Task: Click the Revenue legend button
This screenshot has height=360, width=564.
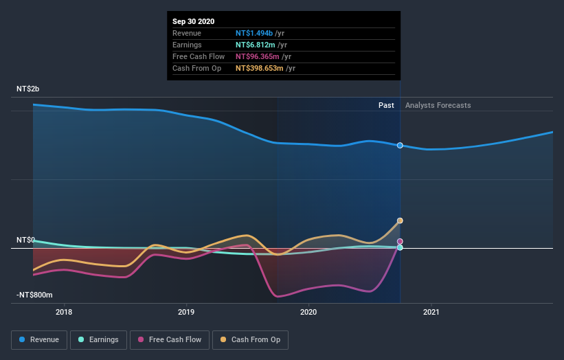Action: [40, 339]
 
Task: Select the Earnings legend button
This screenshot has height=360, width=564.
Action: [98, 339]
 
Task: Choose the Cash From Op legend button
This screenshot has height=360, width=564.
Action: [250, 339]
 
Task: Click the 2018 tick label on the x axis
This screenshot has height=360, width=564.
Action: [64, 312]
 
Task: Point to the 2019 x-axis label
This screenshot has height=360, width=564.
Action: [186, 312]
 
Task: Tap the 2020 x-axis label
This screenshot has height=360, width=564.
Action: [309, 312]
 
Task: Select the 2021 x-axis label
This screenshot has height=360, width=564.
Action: [431, 312]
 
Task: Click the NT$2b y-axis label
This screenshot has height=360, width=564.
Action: [28, 89]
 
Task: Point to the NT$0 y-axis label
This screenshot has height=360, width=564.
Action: [25, 240]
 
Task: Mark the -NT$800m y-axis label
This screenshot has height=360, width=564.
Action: [34, 295]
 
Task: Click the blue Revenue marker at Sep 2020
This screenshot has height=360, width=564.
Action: [400, 146]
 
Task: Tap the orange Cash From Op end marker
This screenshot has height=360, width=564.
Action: [400, 221]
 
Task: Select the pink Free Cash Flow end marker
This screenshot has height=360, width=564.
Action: [400, 241]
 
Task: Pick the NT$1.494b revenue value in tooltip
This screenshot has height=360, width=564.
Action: [255, 33]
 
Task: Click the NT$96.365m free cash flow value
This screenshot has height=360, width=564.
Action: [258, 56]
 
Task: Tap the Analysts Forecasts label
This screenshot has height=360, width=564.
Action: [438, 105]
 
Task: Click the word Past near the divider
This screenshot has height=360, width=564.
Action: [386, 105]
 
